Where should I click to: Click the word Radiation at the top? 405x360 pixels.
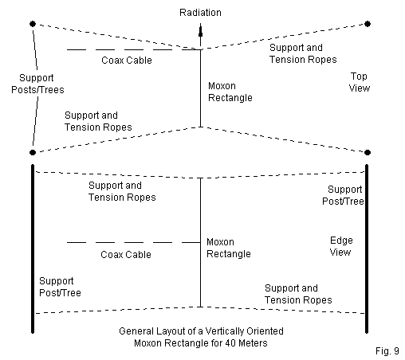click(x=200, y=13)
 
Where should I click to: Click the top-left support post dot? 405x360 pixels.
click(x=33, y=24)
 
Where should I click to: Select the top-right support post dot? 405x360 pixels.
click(x=368, y=24)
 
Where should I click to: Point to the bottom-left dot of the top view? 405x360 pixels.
click(x=33, y=152)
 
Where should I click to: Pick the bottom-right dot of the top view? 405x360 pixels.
click(x=368, y=152)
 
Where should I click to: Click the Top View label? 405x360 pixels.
click(x=360, y=82)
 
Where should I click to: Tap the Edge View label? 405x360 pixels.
click(x=341, y=246)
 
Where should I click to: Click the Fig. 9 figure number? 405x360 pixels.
click(x=387, y=351)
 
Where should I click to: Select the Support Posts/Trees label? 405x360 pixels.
click(x=37, y=84)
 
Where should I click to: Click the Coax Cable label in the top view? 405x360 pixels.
click(x=127, y=61)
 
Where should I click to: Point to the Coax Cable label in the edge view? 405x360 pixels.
click(x=126, y=255)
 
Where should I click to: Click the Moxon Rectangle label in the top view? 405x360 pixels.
click(x=230, y=92)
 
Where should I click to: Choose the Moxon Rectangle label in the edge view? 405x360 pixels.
click(x=229, y=248)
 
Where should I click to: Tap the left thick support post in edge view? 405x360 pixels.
click(x=33, y=248)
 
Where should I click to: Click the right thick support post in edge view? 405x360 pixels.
click(x=367, y=248)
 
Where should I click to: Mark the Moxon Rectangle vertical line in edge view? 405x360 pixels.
click(x=201, y=242)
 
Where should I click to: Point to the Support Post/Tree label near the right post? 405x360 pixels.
click(x=343, y=195)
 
